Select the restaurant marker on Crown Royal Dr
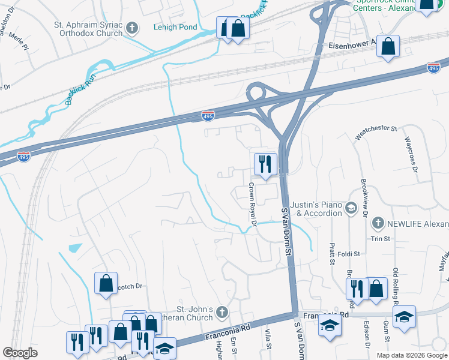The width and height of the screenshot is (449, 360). pos(265,163)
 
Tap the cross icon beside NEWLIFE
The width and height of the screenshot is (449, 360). pos(378,223)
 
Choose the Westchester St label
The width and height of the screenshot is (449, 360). pos(376,132)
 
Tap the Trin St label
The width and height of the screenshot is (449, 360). pos(380,239)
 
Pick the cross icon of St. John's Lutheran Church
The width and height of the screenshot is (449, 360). pos(222,312)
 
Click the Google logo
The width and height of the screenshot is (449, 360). pos(20,352)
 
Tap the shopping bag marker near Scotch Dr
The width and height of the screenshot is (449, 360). pos(106,283)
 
